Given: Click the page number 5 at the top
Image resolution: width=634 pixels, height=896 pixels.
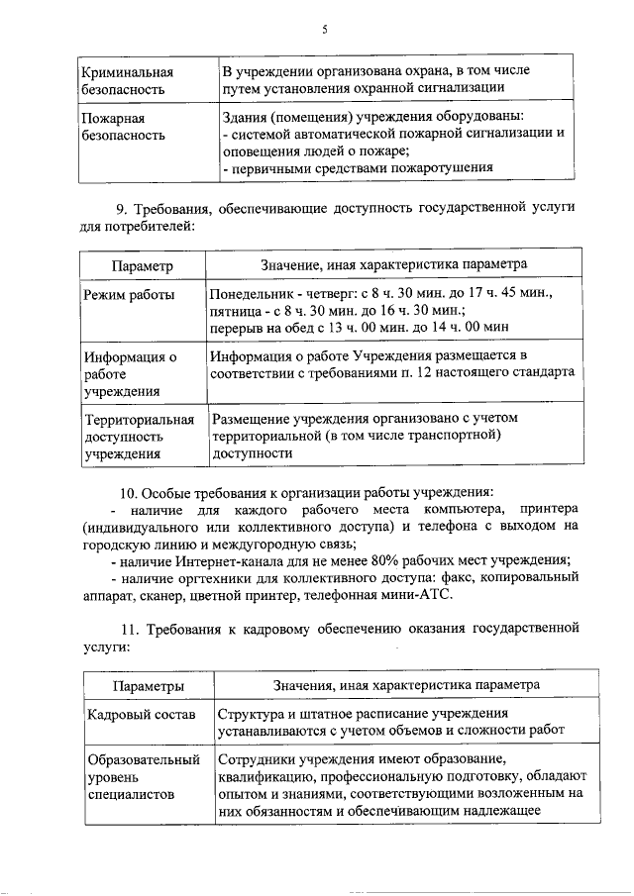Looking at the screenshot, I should coord(324,31).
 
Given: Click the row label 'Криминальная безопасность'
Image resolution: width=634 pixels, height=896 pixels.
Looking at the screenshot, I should coord(125,79).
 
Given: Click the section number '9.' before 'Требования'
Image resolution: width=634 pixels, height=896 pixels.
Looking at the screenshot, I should coord(124,208).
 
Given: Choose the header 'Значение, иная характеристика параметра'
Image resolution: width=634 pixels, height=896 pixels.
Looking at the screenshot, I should coord(393,264).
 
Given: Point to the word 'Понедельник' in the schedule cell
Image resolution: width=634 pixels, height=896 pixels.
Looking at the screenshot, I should coord(254,294).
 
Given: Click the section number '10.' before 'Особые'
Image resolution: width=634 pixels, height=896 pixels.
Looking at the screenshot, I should coord(129,493).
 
